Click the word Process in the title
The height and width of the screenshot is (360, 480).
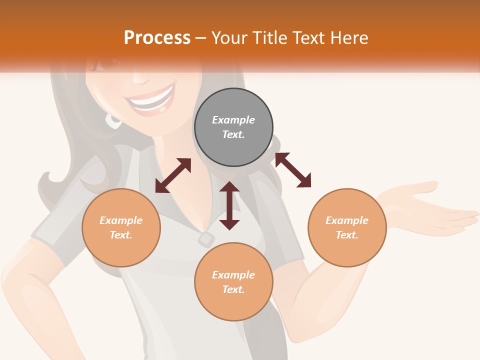[157, 38]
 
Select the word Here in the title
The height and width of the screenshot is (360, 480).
[348, 38]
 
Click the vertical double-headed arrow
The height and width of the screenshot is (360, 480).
[229, 205]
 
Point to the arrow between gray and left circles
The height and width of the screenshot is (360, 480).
[173, 175]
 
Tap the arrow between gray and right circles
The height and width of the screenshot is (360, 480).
[293, 170]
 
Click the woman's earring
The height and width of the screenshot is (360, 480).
[113, 120]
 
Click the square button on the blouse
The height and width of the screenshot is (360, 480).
[205, 239]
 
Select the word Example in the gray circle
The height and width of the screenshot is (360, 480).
[233, 120]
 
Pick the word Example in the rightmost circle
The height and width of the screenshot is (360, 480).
[347, 220]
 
